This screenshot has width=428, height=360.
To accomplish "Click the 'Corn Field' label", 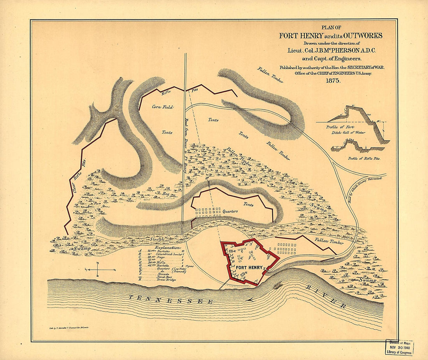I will [162, 107].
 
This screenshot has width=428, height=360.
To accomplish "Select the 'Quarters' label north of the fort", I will [231, 211].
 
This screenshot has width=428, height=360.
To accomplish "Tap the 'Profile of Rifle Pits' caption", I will [364, 158].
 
